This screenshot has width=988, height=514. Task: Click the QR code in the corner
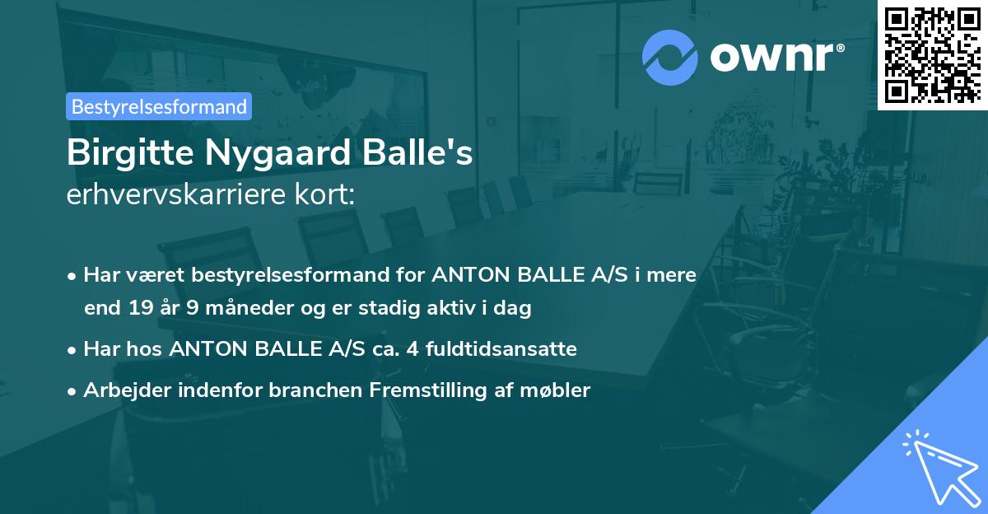click(933, 54)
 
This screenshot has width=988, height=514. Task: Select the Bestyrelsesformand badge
click(159, 106)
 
